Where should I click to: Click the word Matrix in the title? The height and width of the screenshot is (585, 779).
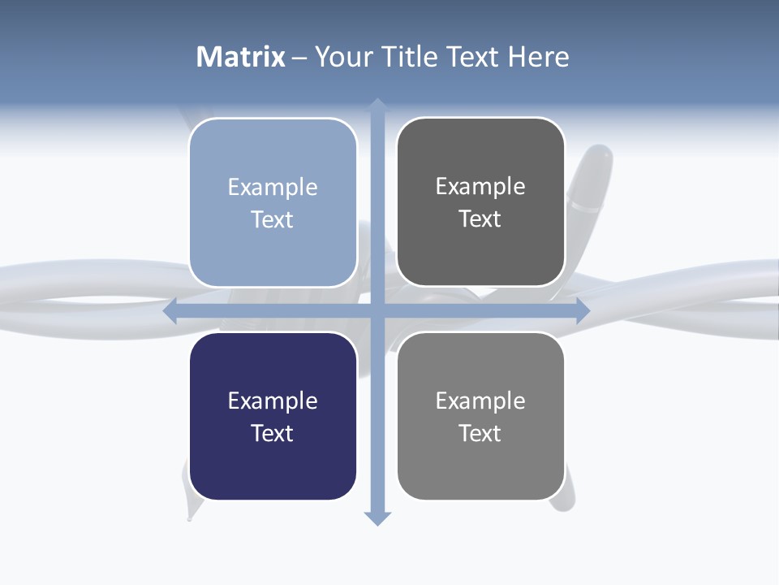tap(240, 57)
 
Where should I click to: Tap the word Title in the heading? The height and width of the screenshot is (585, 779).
tap(411, 57)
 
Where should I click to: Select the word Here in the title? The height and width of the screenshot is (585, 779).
tap(538, 57)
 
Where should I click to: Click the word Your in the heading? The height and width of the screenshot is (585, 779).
tap(343, 57)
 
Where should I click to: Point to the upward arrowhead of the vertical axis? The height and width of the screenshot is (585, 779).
tap(377, 104)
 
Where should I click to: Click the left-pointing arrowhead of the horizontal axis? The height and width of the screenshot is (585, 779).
tap(170, 311)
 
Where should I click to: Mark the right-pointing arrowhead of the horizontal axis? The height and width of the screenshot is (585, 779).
tap(583, 311)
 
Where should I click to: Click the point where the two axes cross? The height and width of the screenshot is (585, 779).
tap(377, 311)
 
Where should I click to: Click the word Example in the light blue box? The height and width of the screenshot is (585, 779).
tap(273, 187)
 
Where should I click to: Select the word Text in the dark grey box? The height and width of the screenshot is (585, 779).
tap(480, 219)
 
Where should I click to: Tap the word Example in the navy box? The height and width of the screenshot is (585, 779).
tap(273, 401)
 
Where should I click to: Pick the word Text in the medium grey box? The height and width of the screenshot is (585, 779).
tap(480, 433)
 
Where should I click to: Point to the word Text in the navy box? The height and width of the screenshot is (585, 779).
tap(273, 433)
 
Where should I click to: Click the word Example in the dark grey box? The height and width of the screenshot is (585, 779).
tap(480, 186)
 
